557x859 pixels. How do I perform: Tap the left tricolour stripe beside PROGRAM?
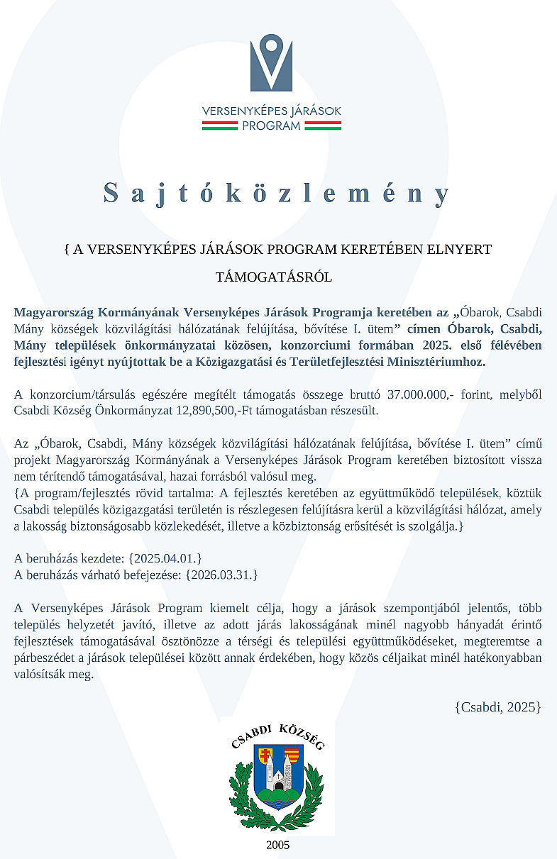coord(219,126)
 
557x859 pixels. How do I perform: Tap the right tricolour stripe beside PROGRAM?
coord(324,126)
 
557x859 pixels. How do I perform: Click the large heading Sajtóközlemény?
coord(277,194)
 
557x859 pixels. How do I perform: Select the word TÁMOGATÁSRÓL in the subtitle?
coord(274,277)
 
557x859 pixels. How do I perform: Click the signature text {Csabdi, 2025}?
coord(498,706)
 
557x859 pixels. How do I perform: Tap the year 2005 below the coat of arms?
coord(277,845)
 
